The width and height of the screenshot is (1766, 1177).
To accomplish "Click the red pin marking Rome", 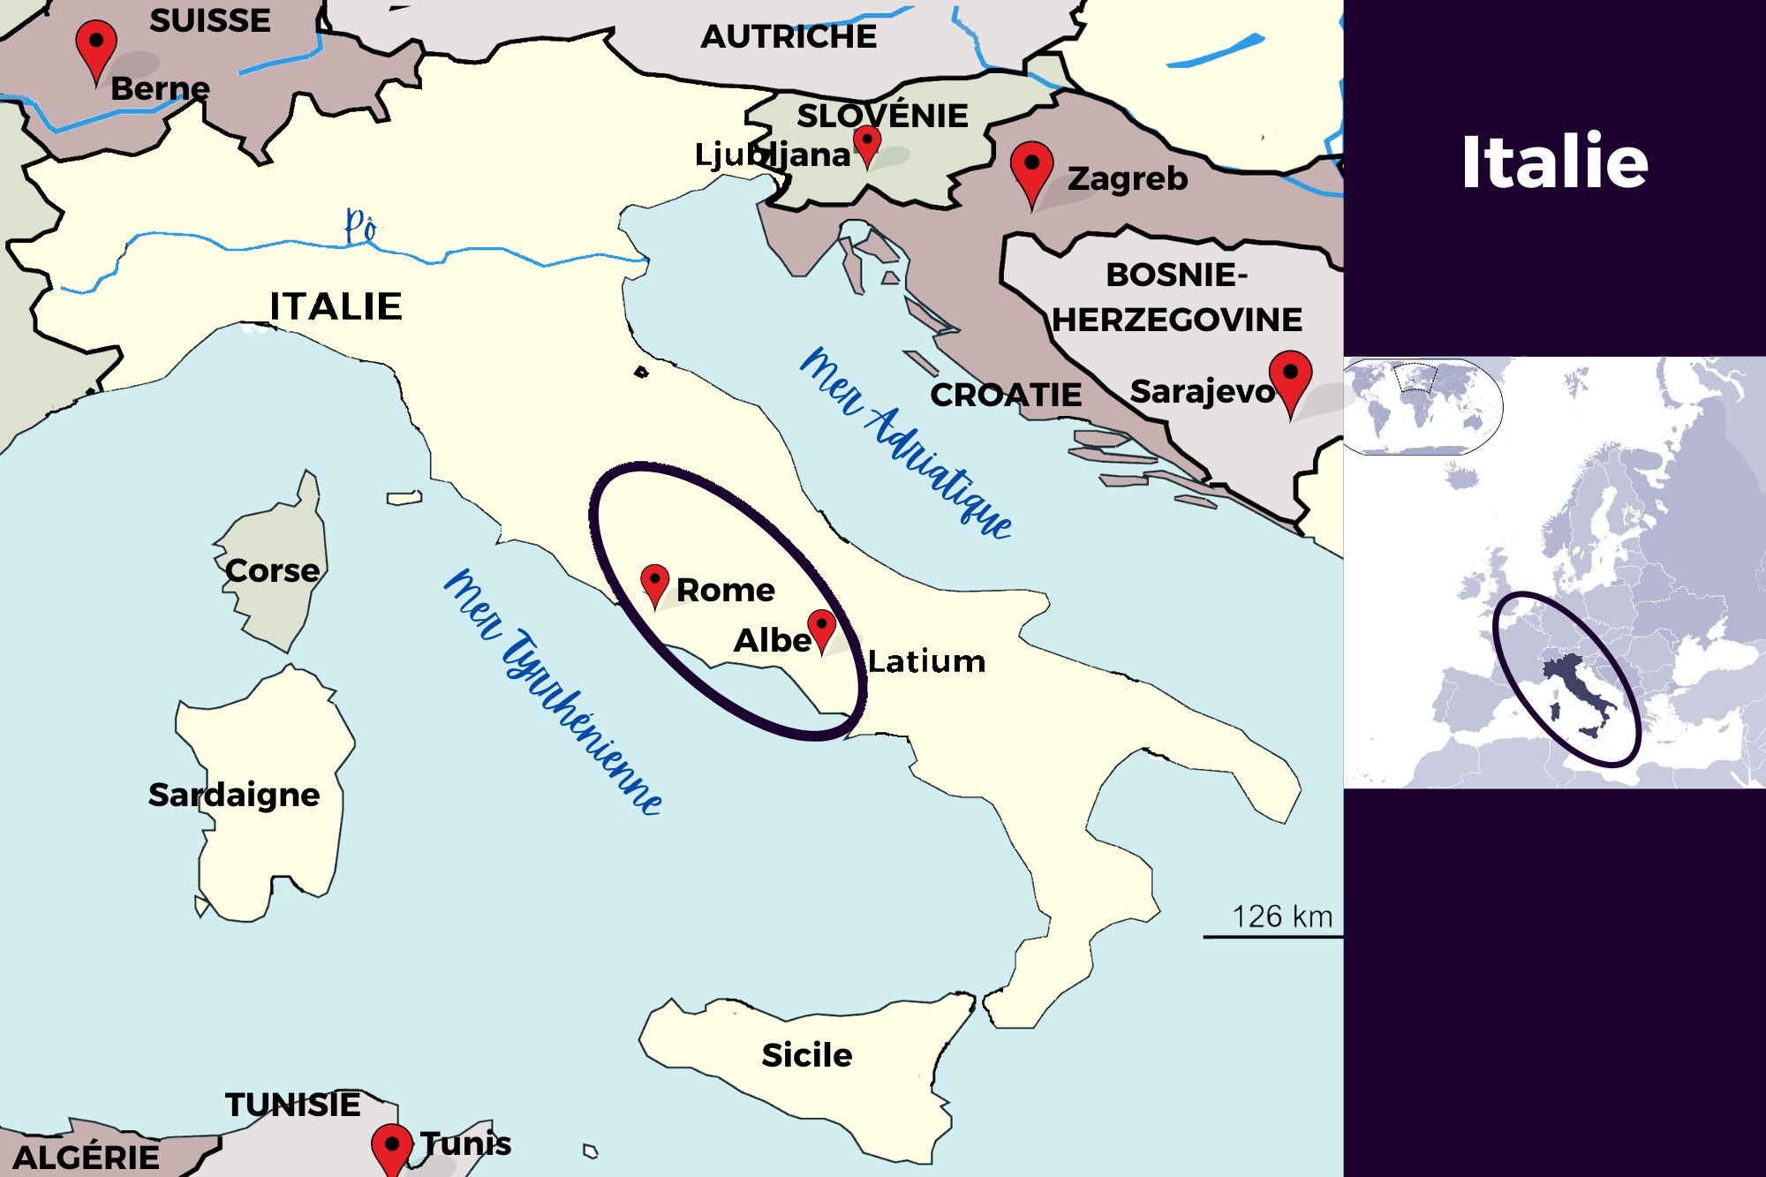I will click(654, 583).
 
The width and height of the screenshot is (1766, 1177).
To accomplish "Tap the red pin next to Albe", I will click(822, 627).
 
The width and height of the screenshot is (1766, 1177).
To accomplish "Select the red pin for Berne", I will click(96, 46).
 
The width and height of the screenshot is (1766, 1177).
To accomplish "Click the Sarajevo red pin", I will click(1290, 377).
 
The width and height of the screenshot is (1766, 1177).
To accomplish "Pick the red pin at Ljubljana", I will click(868, 142).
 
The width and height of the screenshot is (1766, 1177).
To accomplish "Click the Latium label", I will click(925, 661).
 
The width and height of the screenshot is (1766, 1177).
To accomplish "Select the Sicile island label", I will click(806, 1055).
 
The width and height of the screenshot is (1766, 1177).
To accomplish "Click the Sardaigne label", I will click(234, 795).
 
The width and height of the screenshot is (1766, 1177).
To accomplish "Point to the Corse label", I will click(272, 570).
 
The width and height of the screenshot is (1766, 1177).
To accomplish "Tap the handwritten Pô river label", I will click(360, 226).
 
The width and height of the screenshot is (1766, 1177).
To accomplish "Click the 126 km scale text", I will click(1281, 917).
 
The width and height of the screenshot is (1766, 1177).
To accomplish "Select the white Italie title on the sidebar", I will click(1554, 162).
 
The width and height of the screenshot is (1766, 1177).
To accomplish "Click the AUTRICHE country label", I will click(789, 37).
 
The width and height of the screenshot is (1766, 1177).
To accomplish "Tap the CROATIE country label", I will click(1005, 395).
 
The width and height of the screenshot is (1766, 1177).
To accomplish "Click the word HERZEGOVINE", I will click(1177, 320).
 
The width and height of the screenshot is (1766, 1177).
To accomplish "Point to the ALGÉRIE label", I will click(87, 1157).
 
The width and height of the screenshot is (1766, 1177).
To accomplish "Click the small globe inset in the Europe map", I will click(1422, 405).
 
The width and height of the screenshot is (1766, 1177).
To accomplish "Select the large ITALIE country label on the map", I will click(336, 306).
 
